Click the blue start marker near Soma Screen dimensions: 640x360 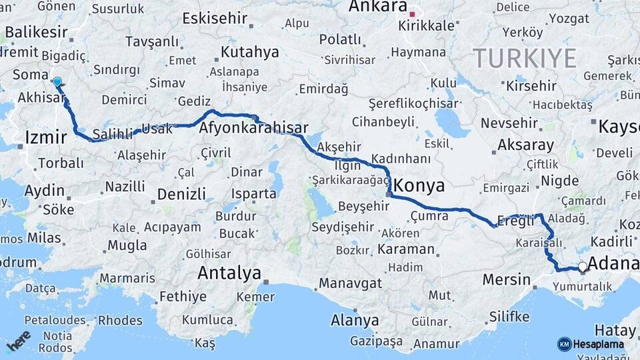click(x=57, y=82)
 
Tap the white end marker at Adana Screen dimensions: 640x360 click(x=583, y=267)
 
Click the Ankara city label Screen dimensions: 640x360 click(x=378, y=7)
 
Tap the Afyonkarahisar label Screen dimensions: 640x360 click(x=253, y=128)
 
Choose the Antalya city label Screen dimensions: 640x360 click(x=229, y=273)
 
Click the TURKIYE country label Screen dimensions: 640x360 click(x=525, y=58)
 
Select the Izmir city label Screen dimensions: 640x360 click(x=45, y=137)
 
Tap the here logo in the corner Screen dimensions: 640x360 click(x=18, y=340)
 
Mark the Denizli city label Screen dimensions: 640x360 click(x=181, y=195)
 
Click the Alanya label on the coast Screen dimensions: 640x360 click(x=355, y=320)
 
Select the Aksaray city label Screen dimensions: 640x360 click(x=526, y=145)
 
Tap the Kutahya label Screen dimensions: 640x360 click(x=249, y=52)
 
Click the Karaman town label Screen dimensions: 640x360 click(x=405, y=249)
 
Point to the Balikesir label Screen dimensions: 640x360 click(x=37, y=31)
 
